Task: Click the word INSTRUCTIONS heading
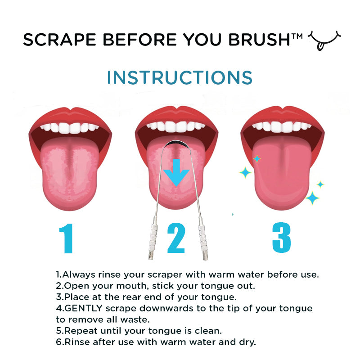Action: coord(180,77)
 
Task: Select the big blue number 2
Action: coord(176,239)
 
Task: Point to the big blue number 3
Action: coord(281,238)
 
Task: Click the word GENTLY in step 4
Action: coord(83,308)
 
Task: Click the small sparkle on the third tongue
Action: coord(257,158)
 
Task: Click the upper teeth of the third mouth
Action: coord(282,126)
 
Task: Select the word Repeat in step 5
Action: coord(79,331)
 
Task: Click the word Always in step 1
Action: coord(77,274)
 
